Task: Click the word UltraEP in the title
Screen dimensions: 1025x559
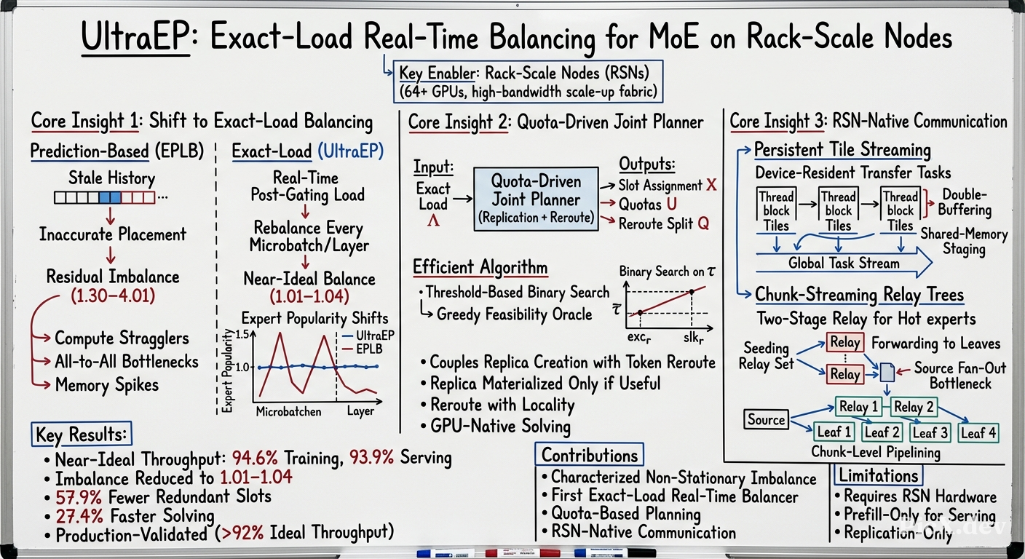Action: [x=135, y=36]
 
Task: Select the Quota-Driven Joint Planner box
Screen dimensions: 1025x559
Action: [x=536, y=199]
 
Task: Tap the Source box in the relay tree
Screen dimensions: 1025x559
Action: [x=766, y=419]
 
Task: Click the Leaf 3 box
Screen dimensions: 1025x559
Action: [x=930, y=432]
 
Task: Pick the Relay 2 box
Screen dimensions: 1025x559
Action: [x=914, y=407]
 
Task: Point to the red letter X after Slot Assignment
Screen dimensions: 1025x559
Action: [x=711, y=186]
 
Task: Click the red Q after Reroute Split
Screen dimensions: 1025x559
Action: [x=703, y=223]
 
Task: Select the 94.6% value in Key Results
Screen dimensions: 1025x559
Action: [x=255, y=457]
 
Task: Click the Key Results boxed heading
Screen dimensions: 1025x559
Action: [x=82, y=434]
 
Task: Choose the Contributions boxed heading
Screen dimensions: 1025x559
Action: [x=590, y=455]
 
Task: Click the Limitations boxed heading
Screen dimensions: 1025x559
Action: [x=878, y=476]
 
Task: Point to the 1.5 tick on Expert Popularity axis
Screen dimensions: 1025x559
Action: [x=242, y=335]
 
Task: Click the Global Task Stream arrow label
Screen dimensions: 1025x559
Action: [x=844, y=263]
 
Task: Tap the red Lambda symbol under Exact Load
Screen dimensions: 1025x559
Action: [x=433, y=221]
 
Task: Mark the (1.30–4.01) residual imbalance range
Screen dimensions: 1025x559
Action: [x=113, y=296]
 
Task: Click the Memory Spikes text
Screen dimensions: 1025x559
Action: [x=106, y=385]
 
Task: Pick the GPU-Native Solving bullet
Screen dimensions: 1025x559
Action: [x=496, y=427]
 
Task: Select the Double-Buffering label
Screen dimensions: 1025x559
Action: [x=965, y=202]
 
